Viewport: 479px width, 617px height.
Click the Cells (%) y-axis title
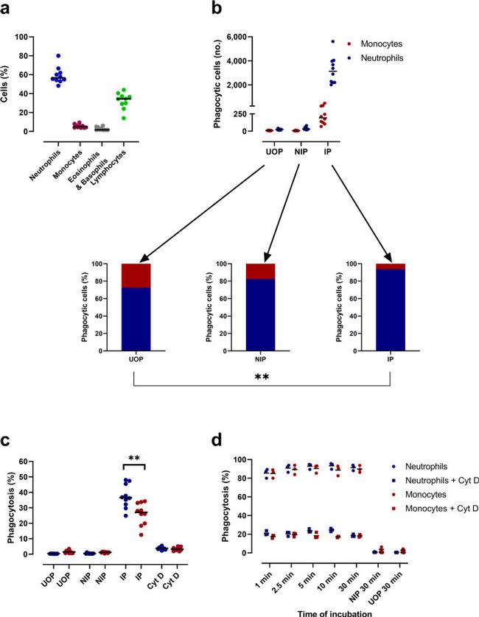[x=9, y=84]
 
